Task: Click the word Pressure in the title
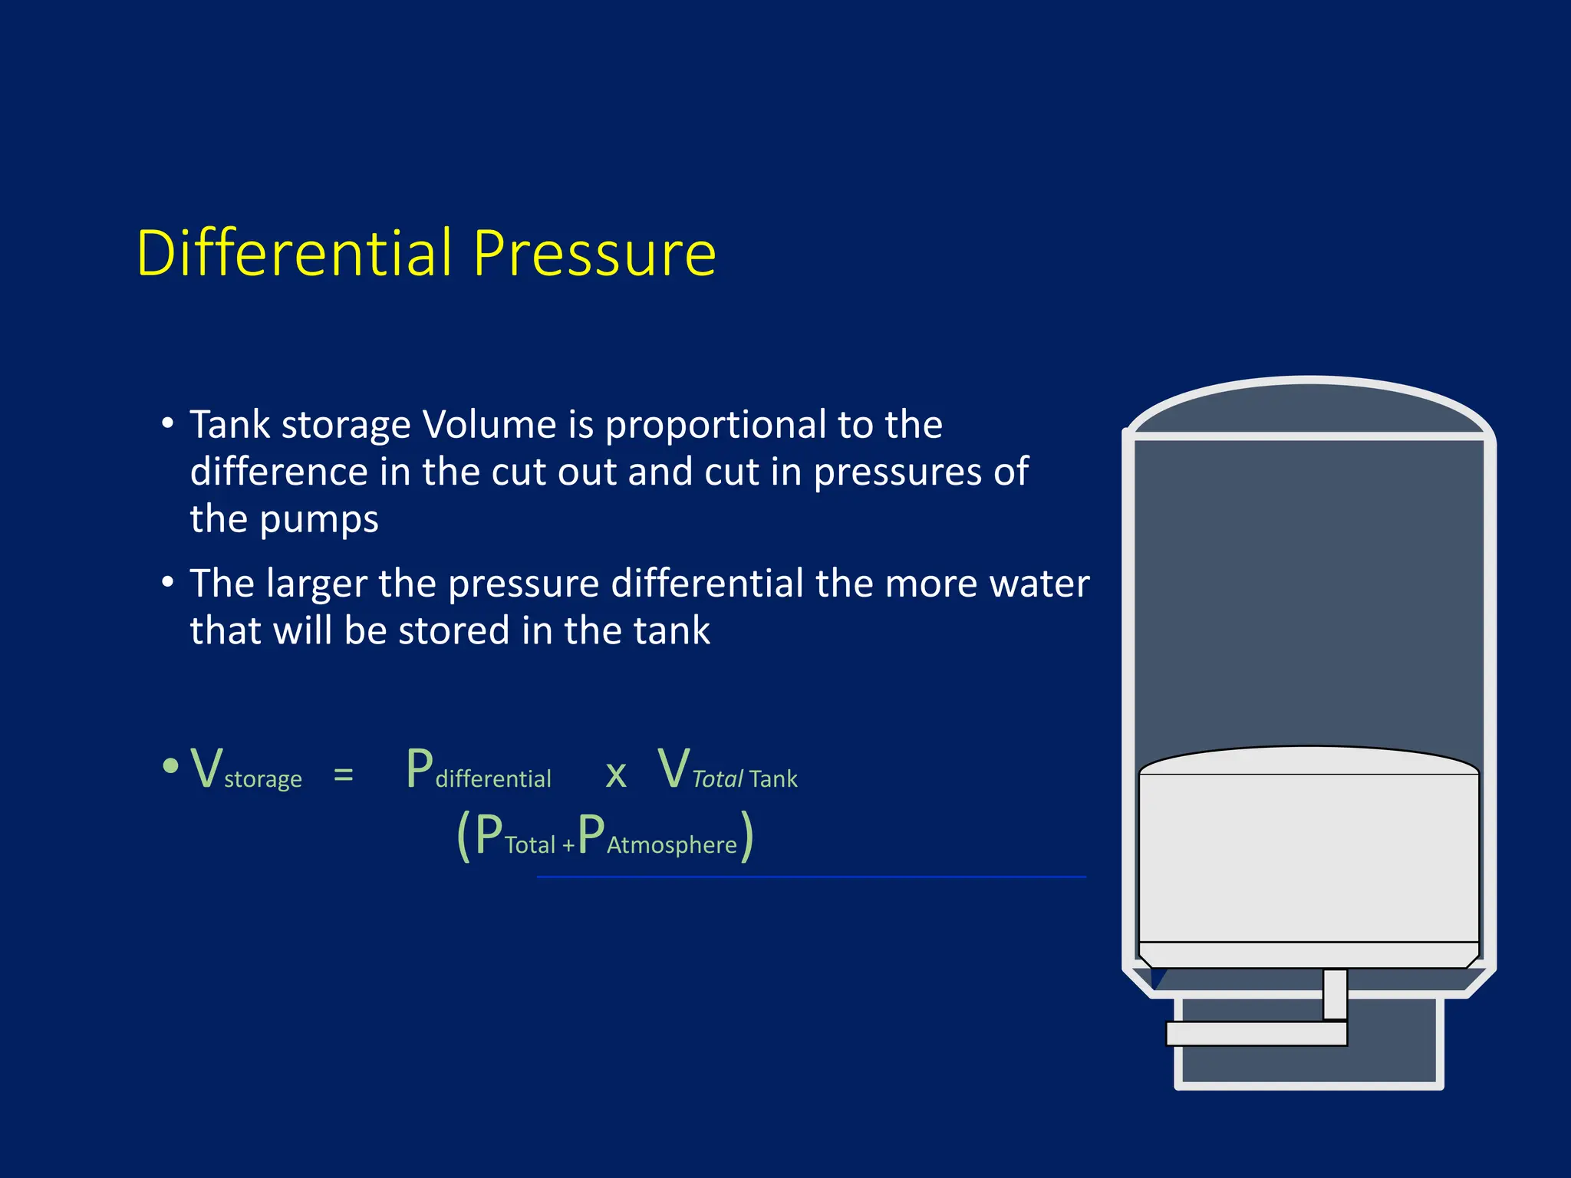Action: pos(594,255)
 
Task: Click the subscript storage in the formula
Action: pos(262,779)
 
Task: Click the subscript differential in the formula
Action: pos(493,778)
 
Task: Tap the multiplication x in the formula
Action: pos(615,775)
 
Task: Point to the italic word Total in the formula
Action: pos(717,778)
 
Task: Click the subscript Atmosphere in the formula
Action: pos(671,844)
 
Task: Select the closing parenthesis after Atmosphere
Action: pos(747,837)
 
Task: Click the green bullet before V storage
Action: pos(170,765)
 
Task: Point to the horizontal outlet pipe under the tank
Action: pos(1256,1033)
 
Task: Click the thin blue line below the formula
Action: pos(811,877)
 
